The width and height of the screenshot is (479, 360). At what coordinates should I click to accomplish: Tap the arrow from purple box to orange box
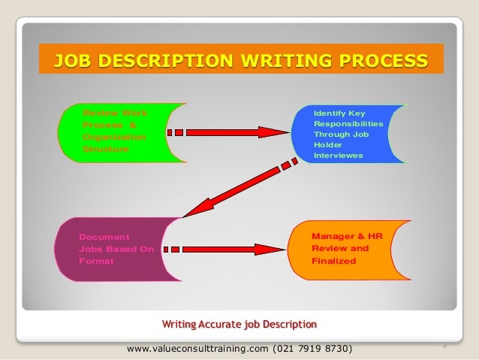[225, 249]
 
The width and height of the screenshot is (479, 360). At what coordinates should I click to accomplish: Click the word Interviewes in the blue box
[338, 156]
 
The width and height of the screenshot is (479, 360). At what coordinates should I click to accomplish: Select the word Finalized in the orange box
[334, 261]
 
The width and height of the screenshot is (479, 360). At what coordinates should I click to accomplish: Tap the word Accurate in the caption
[218, 324]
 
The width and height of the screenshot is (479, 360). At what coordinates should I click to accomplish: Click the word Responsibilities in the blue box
[348, 123]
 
